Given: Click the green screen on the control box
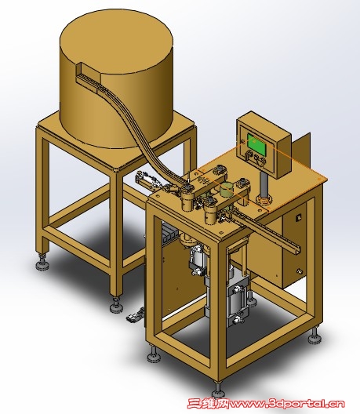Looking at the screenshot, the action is pyautogui.click(x=256, y=143).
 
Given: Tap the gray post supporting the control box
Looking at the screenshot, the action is pyautogui.click(x=264, y=183).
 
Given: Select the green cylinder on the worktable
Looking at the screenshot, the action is pyautogui.click(x=227, y=190).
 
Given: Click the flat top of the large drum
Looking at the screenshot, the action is pyautogui.click(x=116, y=42).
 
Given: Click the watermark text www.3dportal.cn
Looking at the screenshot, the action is pyautogui.click(x=286, y=404).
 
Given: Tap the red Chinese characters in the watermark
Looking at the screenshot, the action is pyautogui.click(x=208, y=404).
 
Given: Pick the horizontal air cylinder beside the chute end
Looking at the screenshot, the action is pyautogui.click(x=148, y=180).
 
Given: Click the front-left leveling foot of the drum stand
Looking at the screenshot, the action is pyautogui.click(x=42, y=262).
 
